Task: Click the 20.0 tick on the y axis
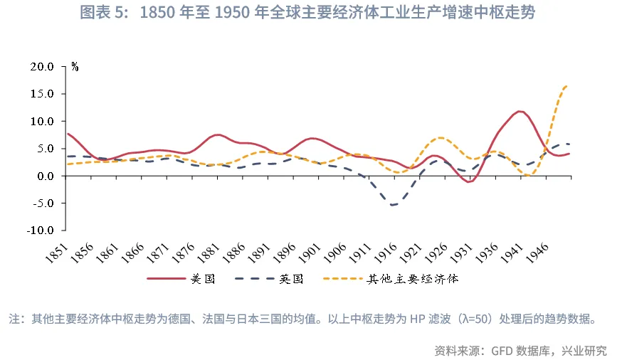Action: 41,67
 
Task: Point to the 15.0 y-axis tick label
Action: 41,94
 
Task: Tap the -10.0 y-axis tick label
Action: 39,231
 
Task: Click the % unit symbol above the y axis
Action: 75,68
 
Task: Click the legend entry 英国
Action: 291,279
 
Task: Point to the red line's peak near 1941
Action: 520,111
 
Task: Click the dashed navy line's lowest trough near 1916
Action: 392,205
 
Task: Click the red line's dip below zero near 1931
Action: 469,182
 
